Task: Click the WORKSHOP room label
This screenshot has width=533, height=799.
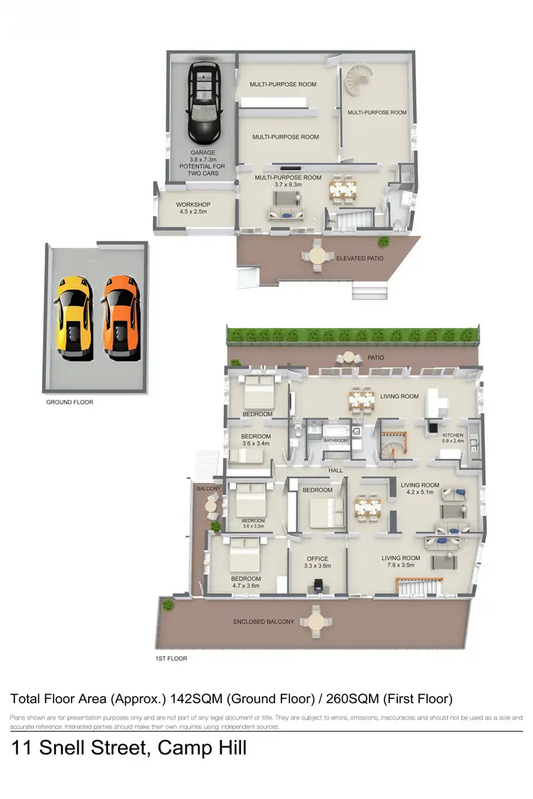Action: (193, 205)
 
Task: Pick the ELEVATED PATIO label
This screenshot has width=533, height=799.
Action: (360, 259)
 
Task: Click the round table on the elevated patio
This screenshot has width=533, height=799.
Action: (317, 254)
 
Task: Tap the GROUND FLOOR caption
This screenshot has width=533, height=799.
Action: (69, 402)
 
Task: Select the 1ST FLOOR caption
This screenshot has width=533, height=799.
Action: (171, 659)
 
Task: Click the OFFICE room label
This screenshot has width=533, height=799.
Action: (318, 558)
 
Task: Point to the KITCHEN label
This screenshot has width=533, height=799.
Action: (453, 435)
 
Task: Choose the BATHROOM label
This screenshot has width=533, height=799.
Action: (335, 440)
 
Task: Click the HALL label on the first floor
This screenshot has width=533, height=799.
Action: (335, 470)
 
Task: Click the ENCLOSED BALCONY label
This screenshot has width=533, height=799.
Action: (264, 622)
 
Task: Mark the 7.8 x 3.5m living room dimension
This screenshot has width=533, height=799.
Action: (401, 566)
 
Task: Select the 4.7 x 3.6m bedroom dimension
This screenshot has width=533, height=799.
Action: (245, 587)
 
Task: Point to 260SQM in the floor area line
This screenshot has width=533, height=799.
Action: (353, 699)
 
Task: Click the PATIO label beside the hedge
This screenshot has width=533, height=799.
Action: (375, 358)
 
